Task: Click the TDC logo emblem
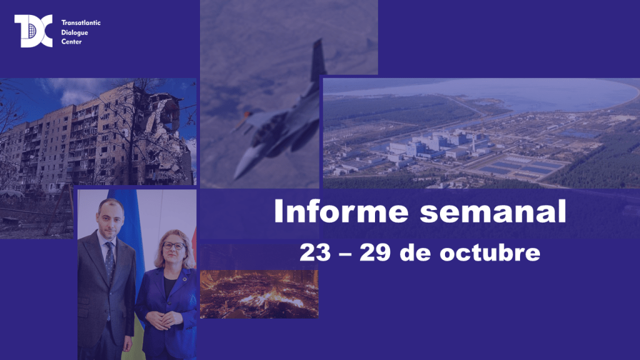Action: coord(34,31)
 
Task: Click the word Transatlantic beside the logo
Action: coord(81,23)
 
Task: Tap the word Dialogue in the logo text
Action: coord(75,32)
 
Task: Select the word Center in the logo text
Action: coord(71,42)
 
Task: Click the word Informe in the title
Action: coord(341,211)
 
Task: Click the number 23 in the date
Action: coord(315,252)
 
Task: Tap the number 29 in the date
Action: coord(375,252)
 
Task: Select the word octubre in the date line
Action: coord(490,252)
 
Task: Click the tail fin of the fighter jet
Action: coord(317,60)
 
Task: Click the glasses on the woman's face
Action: coord(174,246)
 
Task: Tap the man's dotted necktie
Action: coord(110,261)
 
